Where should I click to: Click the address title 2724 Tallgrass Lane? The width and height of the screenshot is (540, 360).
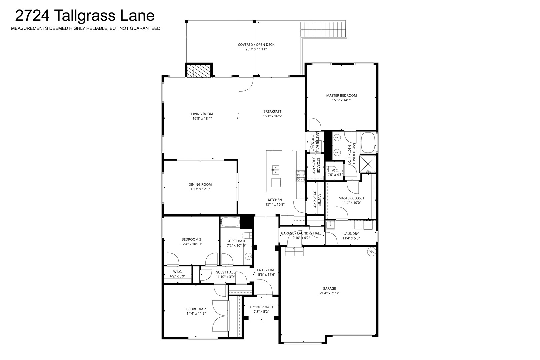(85, 16)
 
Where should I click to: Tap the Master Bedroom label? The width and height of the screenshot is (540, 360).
(341, 95)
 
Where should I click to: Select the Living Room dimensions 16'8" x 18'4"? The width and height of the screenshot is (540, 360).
(202, 118)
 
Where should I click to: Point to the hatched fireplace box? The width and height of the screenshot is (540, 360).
(199, 71)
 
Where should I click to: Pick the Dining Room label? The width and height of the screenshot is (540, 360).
(200, 184)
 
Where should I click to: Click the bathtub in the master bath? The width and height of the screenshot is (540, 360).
(368, 143)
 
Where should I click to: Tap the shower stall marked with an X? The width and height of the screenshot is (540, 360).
(368, 164)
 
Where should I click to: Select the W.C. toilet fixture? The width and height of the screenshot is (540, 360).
(331, 169)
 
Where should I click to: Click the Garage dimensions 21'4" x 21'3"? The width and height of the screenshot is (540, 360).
(329, 293)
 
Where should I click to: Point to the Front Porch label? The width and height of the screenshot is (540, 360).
(261, 307)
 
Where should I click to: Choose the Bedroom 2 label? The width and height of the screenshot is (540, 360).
(196, 309)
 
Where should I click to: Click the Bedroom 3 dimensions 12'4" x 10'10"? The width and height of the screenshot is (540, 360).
(191, 244)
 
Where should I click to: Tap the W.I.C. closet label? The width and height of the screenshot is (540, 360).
(178, 272)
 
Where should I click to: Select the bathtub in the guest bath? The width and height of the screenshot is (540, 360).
(230, 222)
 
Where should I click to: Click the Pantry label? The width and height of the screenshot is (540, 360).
(319, 199)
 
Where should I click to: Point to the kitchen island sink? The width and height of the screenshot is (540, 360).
(275, 170)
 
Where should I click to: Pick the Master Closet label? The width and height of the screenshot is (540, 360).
(351, 198)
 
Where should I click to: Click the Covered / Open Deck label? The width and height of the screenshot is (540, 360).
(256, 45)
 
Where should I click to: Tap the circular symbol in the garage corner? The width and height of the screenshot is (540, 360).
(371, 252)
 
